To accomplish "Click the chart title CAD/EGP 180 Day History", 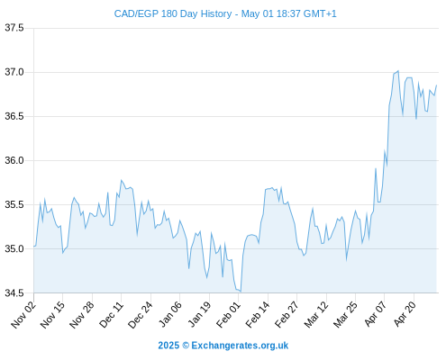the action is [173, 13].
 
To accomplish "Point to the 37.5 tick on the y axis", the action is [14, 28].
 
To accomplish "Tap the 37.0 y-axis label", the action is [14, 72].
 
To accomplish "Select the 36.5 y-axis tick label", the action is [14, 116].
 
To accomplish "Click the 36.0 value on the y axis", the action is [14, 160].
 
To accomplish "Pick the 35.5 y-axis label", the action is [14, 204].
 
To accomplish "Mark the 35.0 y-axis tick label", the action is [14, 248].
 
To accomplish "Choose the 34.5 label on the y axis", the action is [14, 292].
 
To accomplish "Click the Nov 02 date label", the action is [23, 314].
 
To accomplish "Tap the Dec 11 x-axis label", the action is [111, 314].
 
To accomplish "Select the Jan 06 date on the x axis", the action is [169, 314].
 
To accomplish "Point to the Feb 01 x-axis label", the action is [228, 314].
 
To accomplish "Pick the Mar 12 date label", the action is [316, 314].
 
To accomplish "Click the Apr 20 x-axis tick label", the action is [405, 314].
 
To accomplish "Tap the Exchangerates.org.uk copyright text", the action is [223, 346].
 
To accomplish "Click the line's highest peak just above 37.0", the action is [398, 71].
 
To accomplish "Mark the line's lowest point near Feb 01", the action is [241, 292].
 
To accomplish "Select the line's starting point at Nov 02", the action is [34, 247].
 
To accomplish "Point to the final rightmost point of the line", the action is [436, 85].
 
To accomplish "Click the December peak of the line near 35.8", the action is [121, 180].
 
